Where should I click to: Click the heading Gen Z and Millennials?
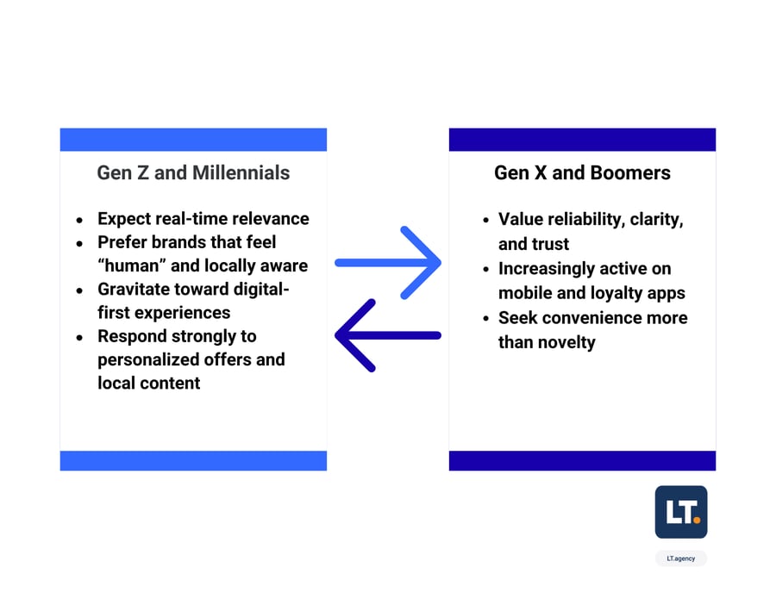(x=193, y=173)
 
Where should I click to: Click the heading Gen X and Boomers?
(x=582, y=173)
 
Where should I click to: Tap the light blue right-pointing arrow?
(x=388, y=263)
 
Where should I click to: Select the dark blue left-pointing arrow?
(x=388, y=335)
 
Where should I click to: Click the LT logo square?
(x=681, y=512)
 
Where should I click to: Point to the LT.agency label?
(x=681, y=558)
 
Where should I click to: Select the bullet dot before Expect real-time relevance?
(x=79, y=220)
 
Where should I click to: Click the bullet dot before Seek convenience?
(x=486, y=319)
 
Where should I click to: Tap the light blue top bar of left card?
(x=193, y=140)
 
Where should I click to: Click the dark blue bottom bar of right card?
(x=582, y=460)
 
